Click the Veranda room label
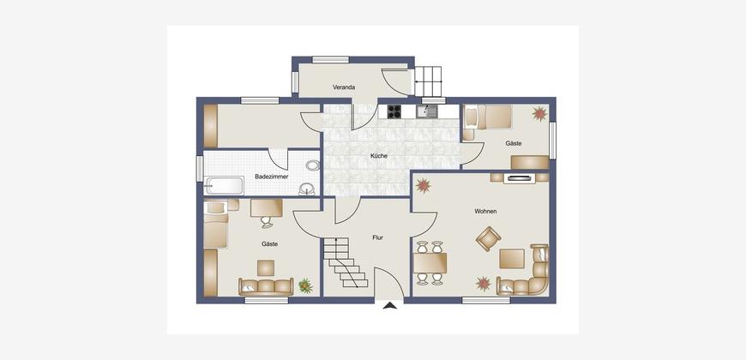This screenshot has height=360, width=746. [x=344, y=87]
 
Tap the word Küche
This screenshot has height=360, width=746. [x=379, y=155]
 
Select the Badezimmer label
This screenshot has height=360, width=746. [x=271, y=177]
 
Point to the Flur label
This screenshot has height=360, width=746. [x=378, y=237]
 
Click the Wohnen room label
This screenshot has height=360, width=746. [x=485, y=211]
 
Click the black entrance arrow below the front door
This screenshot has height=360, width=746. [x=389, y=306]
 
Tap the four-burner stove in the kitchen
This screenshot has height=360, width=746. [x=394, y=111]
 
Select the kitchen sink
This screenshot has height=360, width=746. [x=427, y=111]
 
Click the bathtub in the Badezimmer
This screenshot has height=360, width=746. [x=224, y=185]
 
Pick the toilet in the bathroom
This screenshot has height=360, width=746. [x=313, y=165]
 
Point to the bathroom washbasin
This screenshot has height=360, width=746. [x=306, y=189]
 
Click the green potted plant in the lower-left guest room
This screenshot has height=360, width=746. [x=305, y=285]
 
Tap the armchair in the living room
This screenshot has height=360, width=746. [x=488, y=239]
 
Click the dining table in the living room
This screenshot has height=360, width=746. [x=430, y=263]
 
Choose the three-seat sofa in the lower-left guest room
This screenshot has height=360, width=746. [x=266, y=287]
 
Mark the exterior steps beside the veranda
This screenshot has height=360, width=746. [x=428, y=81]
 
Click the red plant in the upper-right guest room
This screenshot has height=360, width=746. [x=539, y=114]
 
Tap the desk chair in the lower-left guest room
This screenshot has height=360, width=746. [x=266, y=222]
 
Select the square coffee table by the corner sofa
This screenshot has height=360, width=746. [x=511, y=259]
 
